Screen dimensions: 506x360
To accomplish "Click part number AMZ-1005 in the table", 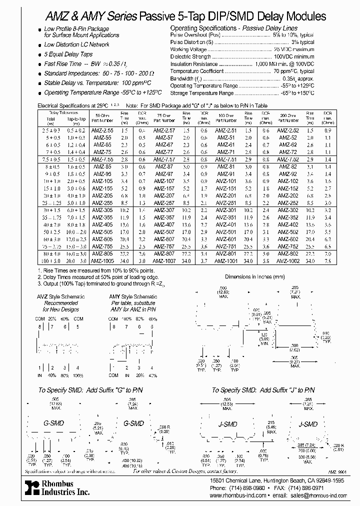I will coord(102,260).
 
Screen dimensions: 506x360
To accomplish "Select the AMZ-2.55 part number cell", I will coord(102,130).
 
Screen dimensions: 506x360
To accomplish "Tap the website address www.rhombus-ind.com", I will coord(240,495).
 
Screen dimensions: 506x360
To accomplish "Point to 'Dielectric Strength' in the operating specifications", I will coord(190,57).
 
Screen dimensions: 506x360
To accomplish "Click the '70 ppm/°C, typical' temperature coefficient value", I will coord(293,71).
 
